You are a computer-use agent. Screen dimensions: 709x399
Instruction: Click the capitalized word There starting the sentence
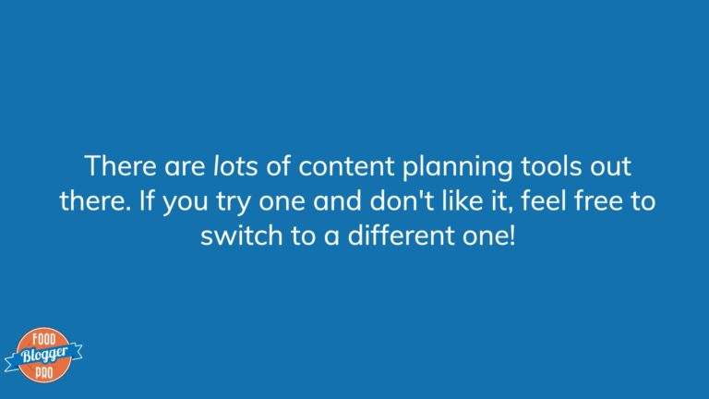pyautogui.click(x=120, y=165)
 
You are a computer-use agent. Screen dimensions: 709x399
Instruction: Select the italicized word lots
pyautogui.click(x=235, y=165)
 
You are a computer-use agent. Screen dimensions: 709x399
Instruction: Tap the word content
pyautogui.click(x=346, y=166)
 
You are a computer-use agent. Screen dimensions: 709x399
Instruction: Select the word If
pyautogui.click(x=147, y=200)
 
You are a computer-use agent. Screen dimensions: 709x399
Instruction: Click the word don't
pyautogui.click(x=396, y=200)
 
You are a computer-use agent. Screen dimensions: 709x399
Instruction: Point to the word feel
pyautogui.click(x=544, y=200)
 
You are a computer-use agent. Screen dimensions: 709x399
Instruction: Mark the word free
pyautogui.click(x=598, y=200)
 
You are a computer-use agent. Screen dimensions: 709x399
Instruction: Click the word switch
pyautogui.click(x=242, y=236)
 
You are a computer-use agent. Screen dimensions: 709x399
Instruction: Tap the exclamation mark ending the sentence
pyautogui.click(x=511, y=236)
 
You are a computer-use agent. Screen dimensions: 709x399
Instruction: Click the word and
pyautogui.click(x=337, y=200)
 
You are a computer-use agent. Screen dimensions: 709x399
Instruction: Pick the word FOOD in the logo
pyautogui.click(x=44, y=339)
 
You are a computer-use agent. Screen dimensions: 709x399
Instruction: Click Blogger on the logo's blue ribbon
pyautogui.click(x=44, y=355)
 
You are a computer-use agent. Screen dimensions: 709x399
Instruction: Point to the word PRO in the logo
pyautogui.click(x=44, y=373)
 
